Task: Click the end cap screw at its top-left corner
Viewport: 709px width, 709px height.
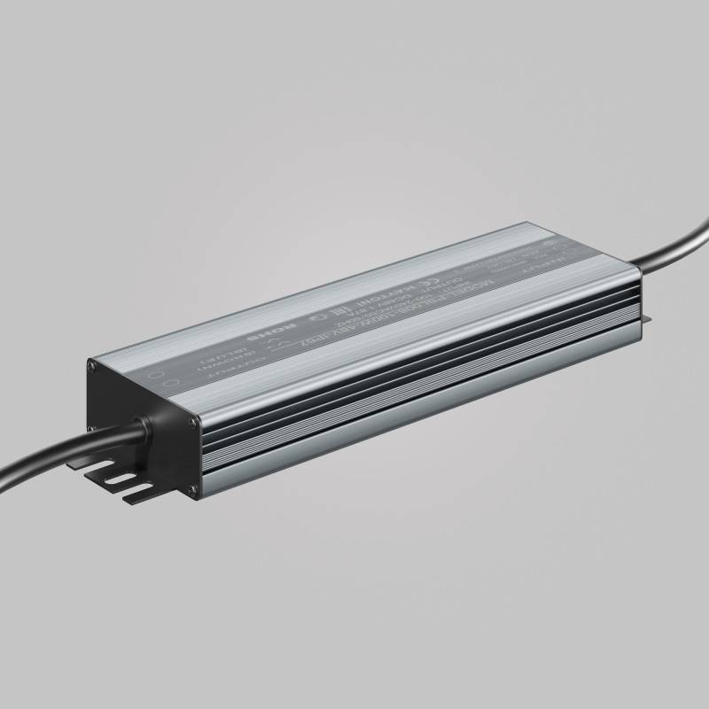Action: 92,364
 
